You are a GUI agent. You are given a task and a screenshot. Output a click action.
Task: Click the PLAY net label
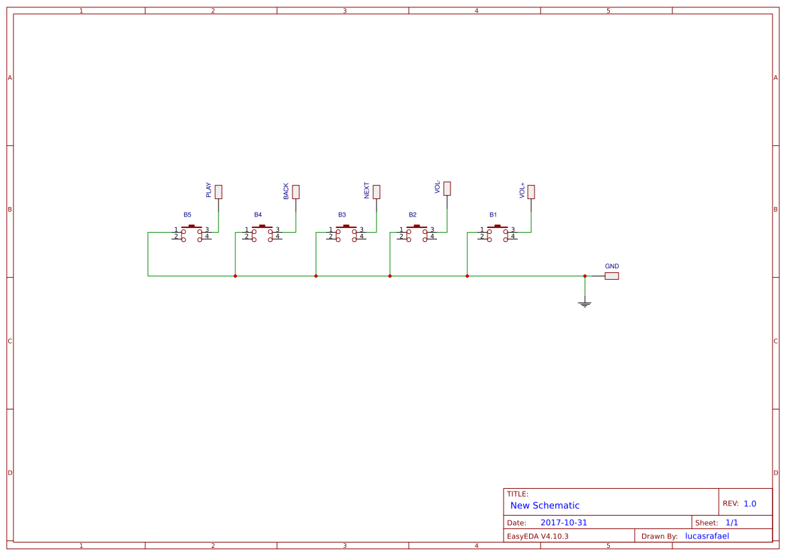208,190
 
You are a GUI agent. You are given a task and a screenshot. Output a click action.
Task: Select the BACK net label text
286,191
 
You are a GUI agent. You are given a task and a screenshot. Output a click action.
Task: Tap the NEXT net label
366,190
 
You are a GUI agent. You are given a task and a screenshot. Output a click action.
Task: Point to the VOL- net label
437,187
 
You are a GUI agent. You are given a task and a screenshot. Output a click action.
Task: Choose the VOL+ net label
522,190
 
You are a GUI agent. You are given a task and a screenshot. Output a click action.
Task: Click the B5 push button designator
188,214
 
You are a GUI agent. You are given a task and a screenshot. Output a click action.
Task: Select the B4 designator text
258,214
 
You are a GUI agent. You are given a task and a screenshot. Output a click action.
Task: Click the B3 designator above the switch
342,214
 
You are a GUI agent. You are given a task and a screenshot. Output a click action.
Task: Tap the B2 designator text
413,214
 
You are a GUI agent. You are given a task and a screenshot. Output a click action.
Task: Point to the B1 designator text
494,214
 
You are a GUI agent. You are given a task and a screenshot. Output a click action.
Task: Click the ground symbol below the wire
585,304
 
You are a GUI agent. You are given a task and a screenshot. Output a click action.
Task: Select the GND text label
612,266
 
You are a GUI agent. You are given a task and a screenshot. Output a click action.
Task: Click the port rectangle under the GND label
612,276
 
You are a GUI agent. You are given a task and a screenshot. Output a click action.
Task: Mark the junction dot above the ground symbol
585,276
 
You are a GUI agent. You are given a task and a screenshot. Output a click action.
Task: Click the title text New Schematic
545,506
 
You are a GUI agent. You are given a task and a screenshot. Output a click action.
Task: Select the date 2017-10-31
563,522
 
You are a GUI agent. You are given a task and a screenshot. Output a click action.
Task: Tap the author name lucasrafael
707,536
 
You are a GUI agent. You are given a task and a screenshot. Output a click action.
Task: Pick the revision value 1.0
750,504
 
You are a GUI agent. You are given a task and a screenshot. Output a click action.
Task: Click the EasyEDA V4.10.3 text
537,536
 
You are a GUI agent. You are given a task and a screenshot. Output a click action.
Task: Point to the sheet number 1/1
732,522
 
